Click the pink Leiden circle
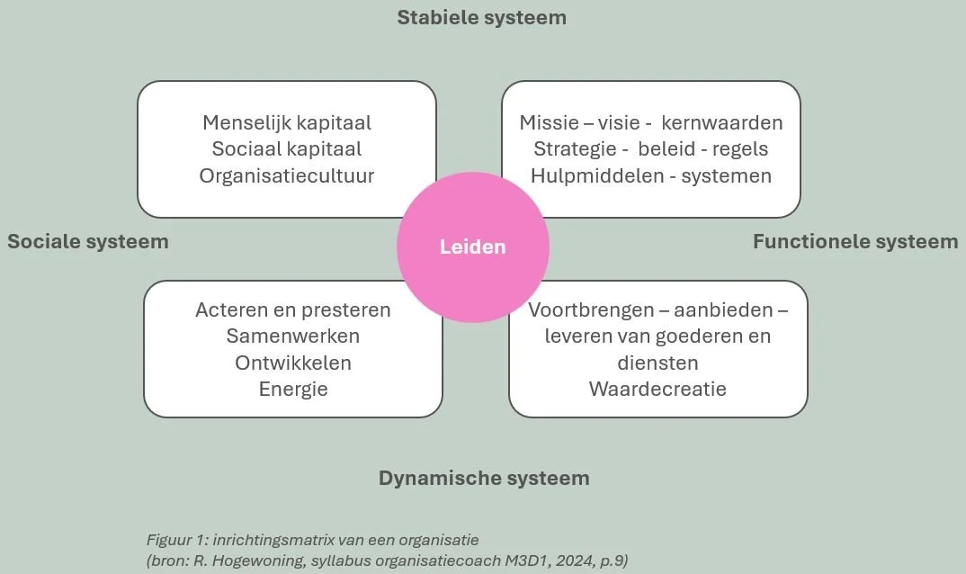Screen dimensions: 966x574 pos(472,247)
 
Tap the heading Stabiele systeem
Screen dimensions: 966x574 pos(482,17)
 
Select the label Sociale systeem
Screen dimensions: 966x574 pos(88,241)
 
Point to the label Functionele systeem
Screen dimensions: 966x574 pos(855,241)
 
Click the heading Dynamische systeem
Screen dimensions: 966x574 pos(484,478)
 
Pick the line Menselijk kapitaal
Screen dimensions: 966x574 pos(287,122)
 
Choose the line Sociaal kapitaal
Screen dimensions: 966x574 pos(287,148)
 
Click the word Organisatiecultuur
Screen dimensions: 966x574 pos(287,175)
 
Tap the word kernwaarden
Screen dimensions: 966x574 pos(722,122)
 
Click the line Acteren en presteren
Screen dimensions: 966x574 pos(293,310)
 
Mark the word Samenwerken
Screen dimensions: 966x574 pos(293,336)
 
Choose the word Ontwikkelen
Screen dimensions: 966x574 pos(293,363)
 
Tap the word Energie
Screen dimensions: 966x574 pos(293,390)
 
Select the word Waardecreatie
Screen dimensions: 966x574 pos(657,390)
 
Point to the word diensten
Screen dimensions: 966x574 pos(657,363)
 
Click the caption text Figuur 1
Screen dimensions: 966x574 pos(175,540)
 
